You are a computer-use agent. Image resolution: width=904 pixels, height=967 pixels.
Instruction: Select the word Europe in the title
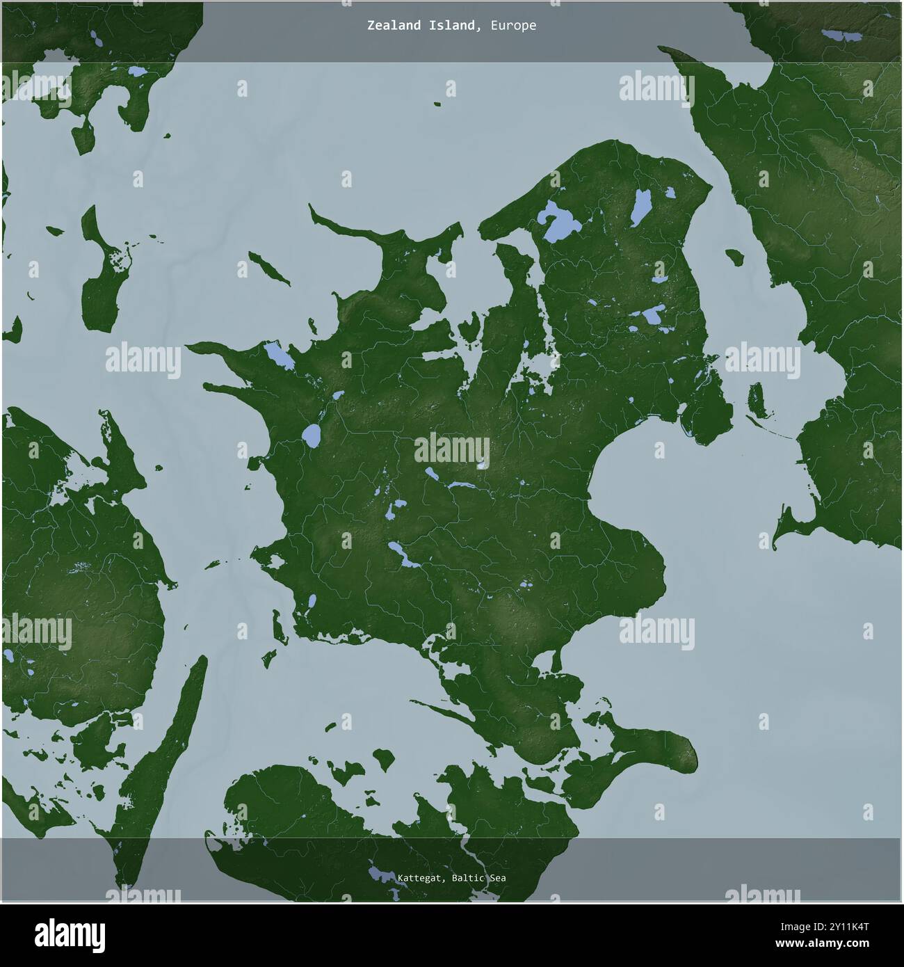512,26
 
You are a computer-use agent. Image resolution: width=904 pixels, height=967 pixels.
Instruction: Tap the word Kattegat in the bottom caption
421,878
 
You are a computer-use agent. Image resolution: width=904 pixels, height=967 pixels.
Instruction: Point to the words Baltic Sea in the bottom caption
478,878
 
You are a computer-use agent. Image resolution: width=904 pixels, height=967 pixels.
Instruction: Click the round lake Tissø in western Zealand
311,436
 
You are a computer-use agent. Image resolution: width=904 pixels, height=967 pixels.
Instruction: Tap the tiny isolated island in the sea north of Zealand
437,104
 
